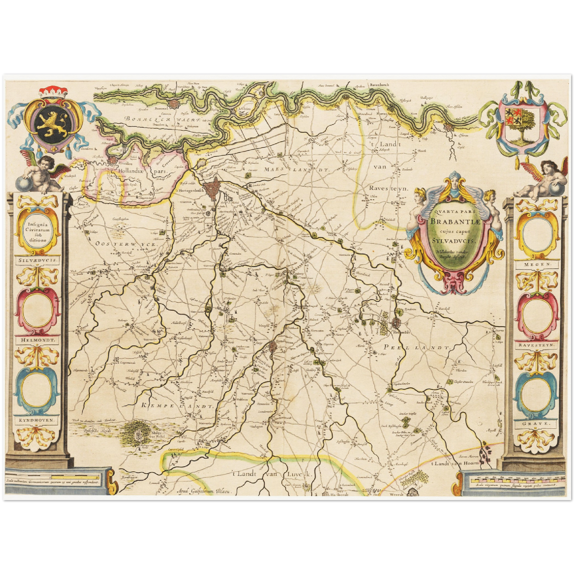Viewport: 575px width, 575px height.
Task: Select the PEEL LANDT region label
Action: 417,347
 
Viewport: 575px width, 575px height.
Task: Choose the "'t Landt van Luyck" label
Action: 273,474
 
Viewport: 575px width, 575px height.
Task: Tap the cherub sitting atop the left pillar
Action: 40,173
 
